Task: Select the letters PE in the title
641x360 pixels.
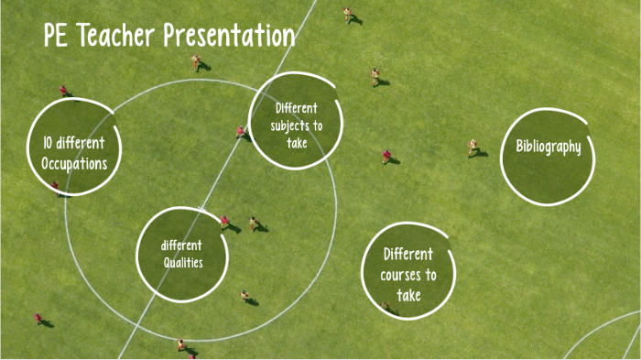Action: (57, 38)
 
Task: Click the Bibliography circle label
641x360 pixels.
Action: (549, 147)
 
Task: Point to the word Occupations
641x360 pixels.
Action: (74, 163)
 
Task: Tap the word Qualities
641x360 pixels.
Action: (183, 263)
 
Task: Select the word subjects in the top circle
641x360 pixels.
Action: (296, 125)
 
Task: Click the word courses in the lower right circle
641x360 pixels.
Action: (408, 275)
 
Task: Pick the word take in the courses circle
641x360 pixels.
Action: (408, 295)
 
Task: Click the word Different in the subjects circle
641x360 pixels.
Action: (296, 108)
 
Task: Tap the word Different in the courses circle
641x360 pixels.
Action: (408, 254)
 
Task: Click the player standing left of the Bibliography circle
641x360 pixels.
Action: (473, 147)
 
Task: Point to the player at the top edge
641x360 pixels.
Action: (348, 14)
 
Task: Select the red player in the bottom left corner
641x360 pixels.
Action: (38, 319)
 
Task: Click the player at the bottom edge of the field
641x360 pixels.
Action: (182, 345)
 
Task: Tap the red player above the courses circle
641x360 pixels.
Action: (386, 157)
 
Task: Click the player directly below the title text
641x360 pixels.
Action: (196, 62)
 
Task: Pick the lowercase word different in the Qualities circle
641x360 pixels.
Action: (181, 245)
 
